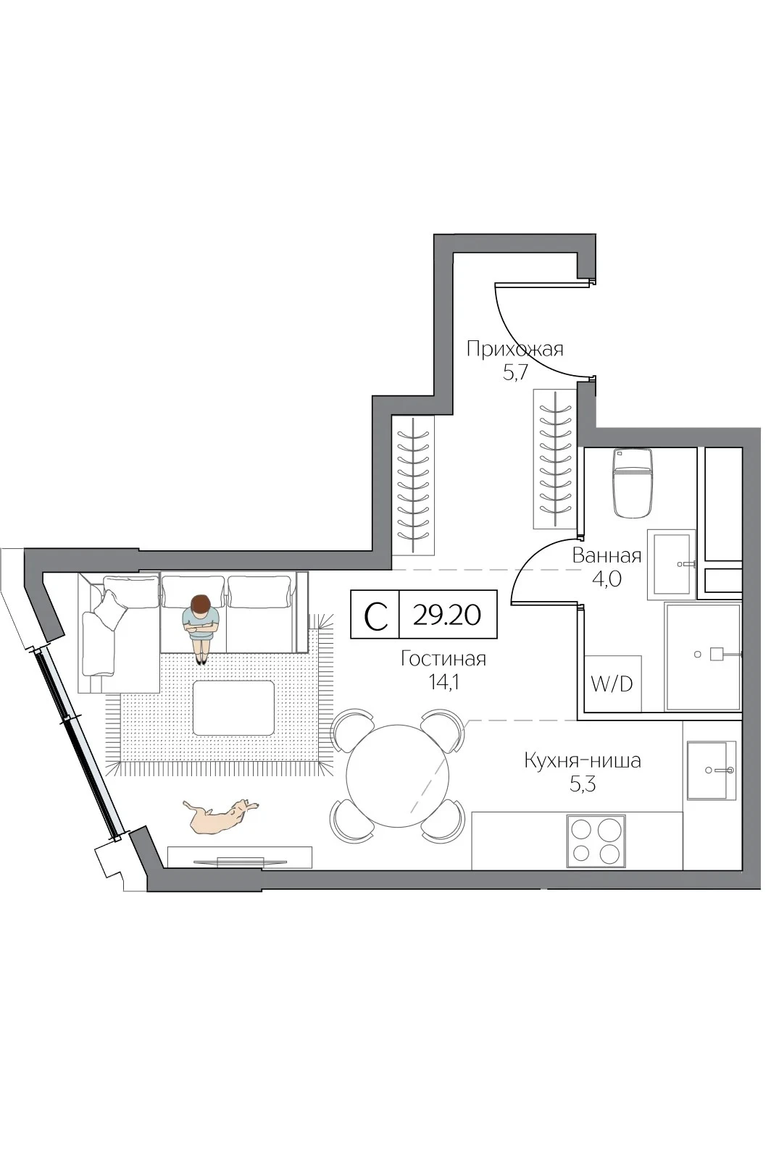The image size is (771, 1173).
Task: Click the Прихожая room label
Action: coord(514,349)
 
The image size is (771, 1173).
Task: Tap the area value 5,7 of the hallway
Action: coord(515,373)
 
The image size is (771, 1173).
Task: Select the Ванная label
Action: coord(607,555)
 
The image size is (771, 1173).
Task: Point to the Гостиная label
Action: coord(443,658)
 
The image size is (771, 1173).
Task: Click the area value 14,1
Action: coord(444,682)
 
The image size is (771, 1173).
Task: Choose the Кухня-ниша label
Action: coord(583,760)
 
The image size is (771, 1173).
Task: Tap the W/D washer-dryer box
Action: coord(612,684)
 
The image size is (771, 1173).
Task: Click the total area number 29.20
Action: coord(447,615)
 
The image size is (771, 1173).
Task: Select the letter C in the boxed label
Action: coord(375,615)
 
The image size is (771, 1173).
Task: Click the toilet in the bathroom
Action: coord(633,484)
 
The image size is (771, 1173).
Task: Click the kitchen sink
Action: coord(712,770)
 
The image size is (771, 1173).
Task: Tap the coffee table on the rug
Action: coord(233,707)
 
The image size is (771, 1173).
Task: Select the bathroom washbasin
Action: coord(672,564)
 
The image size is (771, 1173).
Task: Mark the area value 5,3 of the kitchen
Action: coord(583,784)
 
